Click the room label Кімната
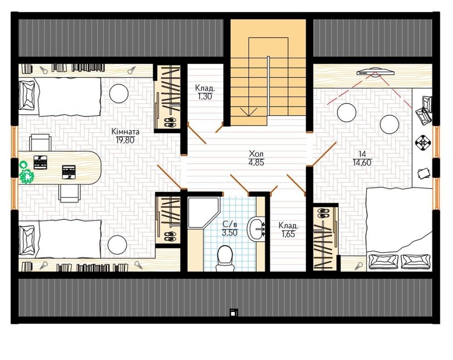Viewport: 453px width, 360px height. point(126,132)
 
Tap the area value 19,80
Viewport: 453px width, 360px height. point(125,140)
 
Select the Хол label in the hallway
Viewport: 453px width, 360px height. point(256,154)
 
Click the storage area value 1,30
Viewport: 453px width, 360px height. point(205,97)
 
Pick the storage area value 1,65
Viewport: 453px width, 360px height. point(288,234)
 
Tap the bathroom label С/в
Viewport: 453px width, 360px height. point(230,224)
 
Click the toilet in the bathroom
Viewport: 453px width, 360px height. point(224,258)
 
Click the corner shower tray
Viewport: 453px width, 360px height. point(204,212)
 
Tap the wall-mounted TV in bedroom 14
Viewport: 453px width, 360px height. point(375,72)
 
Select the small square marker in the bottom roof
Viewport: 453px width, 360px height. point(234,312)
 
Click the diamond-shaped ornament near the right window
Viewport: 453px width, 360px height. point(422,142)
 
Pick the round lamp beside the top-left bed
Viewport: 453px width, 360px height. point(118,93)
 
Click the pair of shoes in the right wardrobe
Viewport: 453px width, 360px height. point(324,213)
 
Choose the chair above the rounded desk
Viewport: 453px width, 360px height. point(40,142)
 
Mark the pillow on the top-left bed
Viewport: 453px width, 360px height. point(28,95)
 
